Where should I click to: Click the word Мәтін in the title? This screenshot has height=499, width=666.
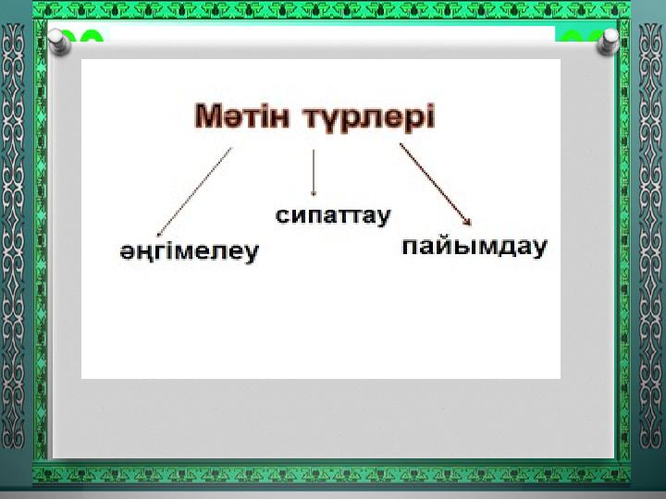241,116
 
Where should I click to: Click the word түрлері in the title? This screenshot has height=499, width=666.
370,118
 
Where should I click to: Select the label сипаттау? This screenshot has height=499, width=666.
333,216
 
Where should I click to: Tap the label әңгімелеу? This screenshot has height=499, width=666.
190,252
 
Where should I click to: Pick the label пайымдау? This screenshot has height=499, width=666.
474,247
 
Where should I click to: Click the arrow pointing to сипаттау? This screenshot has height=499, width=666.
314,173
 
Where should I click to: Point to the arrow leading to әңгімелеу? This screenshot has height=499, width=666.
194,192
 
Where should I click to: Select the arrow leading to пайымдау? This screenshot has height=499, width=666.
436,184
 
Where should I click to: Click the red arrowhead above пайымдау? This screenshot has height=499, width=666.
467,221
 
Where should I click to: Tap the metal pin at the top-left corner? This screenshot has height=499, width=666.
59,43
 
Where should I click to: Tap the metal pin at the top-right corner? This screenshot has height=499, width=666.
608,43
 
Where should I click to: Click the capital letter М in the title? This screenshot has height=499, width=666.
208,116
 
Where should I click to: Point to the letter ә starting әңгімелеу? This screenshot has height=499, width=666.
127,252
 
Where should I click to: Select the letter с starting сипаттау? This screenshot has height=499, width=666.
282,215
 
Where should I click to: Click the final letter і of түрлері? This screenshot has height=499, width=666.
431,116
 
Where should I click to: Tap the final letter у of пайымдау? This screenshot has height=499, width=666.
539,249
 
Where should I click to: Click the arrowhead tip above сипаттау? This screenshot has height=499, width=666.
314,196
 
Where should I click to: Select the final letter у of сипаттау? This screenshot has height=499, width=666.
383,218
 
